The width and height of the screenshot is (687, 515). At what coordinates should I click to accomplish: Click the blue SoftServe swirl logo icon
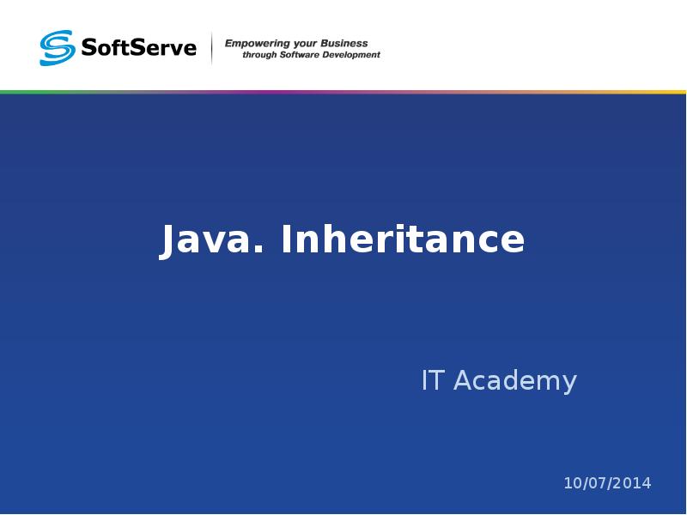(58, 48)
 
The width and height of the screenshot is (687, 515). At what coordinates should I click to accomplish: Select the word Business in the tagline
(344, 43)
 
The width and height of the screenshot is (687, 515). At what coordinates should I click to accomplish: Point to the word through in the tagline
(258, 55)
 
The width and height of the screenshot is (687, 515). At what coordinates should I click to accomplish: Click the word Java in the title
(209, 239)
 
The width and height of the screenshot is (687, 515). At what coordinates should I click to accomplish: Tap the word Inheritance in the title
(403, 239)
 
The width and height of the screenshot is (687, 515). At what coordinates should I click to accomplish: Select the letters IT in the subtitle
(432, 380)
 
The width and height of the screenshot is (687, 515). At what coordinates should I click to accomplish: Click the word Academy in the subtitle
(514, 381)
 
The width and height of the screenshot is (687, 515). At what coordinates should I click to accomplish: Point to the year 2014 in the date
(634, 483)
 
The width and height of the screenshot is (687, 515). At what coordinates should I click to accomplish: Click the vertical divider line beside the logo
(211, 48)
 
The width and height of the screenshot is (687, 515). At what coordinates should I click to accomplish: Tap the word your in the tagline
(305, 44)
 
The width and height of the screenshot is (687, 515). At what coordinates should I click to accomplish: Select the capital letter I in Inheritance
(287, 239)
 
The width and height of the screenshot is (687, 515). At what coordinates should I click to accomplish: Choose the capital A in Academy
(463, 380)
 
